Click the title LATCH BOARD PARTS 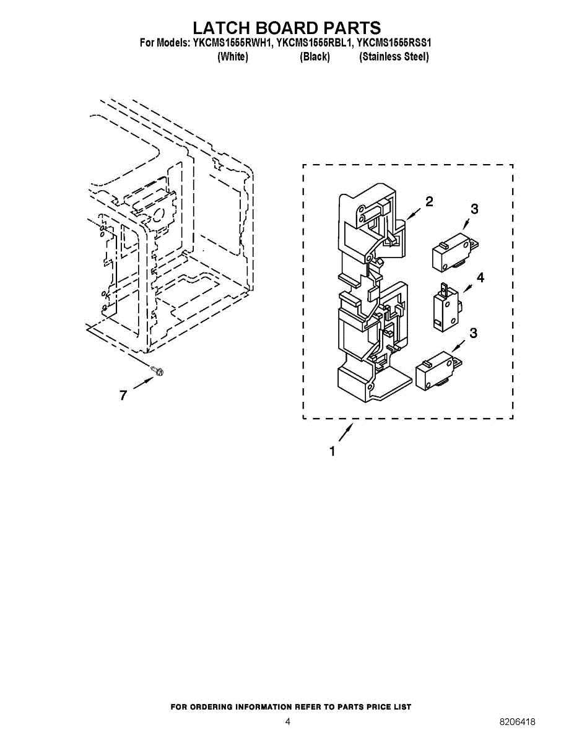[286, 28]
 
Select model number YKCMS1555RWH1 [229, 43]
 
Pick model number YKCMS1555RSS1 [394, 43]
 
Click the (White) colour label [233, 57]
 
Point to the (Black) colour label [315, 57]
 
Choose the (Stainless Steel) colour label [394, 57]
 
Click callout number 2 [429, 201]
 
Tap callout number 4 [480, 277]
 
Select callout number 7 [123, 395]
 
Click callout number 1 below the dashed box [333, 451]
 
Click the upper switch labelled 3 [451, 251]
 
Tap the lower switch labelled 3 [437, 373]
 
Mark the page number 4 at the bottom [287, 722]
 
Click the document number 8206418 [518, 722]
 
